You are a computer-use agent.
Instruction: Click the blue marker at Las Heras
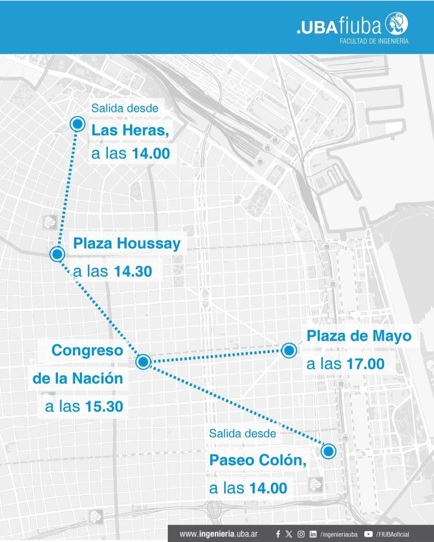click(x=78, y=123)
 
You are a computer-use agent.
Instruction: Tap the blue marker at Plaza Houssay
click(x=57, y=254)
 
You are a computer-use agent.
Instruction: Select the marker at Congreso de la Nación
click(x=143, y=361)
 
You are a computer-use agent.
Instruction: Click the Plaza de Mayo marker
click(x=288, y=350)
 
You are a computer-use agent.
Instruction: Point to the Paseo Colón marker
click(x=329, y=451)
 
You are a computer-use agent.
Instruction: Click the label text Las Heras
click(x=130, y=131)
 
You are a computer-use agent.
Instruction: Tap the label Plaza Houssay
click(x=127, y=244)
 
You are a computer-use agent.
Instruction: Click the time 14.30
click(x=132, y=272)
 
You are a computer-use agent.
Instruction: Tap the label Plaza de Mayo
click(x=359, y=337)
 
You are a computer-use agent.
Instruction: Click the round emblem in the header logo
click(x=396, y=24)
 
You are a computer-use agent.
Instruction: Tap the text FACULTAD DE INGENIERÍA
click(x=374, y=41)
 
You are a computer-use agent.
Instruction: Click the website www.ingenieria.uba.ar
click(x=219, y=534)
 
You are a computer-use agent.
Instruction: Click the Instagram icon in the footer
click(x=301, y=534)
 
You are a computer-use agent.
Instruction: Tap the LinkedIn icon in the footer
click(x=313, y=534)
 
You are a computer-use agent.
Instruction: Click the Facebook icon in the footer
click(x=278, y=534)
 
